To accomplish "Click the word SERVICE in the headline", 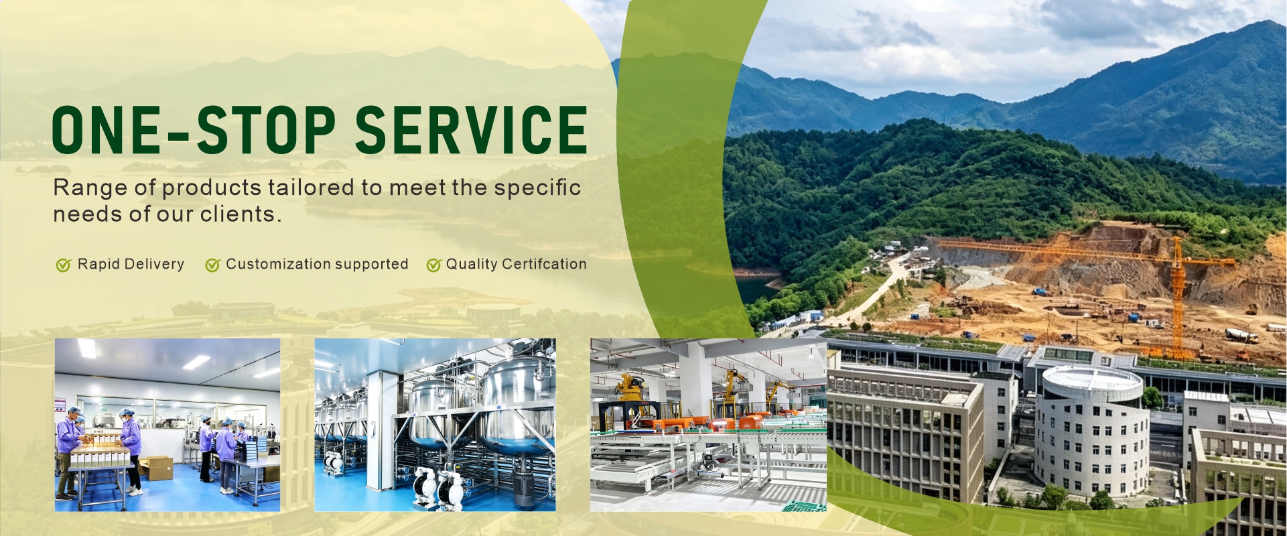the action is (471, 129).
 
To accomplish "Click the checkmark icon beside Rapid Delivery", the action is (64, 265).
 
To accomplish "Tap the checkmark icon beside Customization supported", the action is (213, 265).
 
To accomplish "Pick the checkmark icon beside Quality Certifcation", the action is (434, 265).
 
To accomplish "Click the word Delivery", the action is (154, 265).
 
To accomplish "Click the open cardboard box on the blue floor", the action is (156, 467).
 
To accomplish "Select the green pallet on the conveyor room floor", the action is (804, 506).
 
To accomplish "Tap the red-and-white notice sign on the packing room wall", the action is (60, 405).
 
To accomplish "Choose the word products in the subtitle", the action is (212, 188).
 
